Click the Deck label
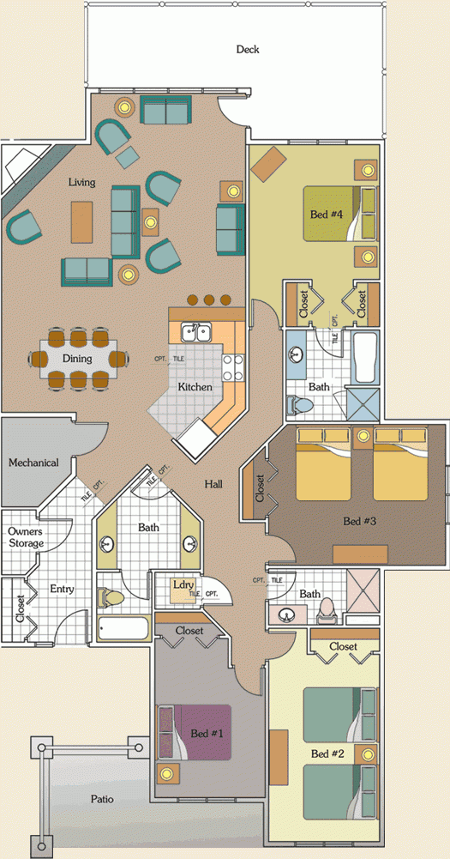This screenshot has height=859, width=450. [x=248, y=50]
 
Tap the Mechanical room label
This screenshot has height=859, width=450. [x=33, y=463]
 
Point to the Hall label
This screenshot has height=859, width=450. [x=213, y=485]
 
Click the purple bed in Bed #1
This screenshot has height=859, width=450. [x=202, y=732]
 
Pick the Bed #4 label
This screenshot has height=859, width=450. [x=327, y=214]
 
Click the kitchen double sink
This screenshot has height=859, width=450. [x=196, y=331]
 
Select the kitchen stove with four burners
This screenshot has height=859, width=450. [x=233, y=367]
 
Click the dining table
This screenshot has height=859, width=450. [x=82, y=358]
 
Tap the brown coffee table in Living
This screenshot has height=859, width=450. [x=81, y=221]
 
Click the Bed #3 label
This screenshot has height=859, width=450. [x=359, y=521]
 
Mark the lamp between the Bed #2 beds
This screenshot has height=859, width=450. [x=369, y=755]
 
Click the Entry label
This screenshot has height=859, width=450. [x=62, y=590]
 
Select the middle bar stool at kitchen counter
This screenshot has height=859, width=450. [x=210, y=301]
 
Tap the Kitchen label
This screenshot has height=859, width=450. [x=195, y=387]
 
